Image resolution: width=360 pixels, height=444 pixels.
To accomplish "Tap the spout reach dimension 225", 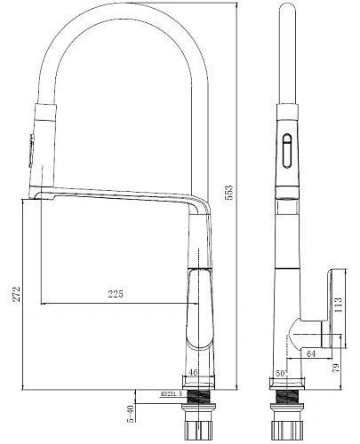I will click(x=116, y=294).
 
